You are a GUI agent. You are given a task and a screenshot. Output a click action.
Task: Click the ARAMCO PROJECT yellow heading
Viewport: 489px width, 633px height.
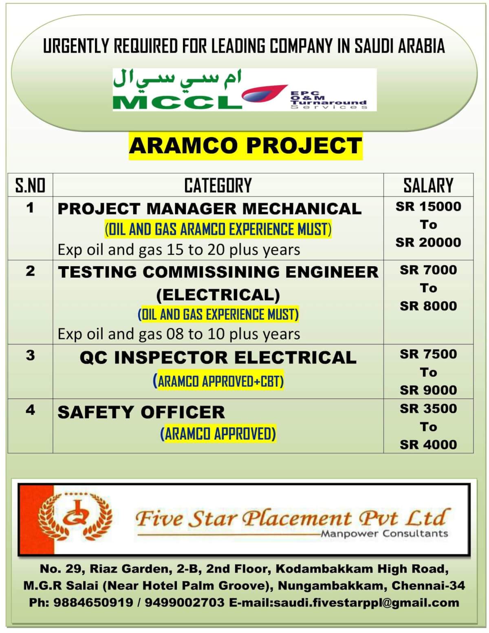point(246,146)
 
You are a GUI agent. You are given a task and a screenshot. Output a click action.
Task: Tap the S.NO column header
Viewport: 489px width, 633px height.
point(30,185)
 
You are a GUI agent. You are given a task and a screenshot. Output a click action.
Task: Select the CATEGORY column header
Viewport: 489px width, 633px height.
point(218,185)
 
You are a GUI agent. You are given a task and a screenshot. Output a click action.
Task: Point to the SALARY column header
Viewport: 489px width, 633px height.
point(428,185)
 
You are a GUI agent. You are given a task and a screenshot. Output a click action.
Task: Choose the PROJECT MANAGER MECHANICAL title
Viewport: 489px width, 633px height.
point(210,209)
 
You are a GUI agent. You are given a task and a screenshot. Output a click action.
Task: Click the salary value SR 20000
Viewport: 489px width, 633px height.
point(428,243)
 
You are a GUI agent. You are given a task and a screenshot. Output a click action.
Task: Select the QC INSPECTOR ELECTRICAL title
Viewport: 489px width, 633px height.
point(218,357)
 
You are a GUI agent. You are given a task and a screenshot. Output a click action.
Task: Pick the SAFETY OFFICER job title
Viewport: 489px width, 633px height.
point(141,412)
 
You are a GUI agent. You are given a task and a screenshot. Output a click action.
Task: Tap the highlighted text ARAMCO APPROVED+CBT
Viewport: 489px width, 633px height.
point(218,382)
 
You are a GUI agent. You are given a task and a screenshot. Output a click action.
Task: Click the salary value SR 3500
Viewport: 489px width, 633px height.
point(428,409)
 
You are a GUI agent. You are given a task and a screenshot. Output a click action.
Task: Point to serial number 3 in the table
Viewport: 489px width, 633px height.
point(30,355)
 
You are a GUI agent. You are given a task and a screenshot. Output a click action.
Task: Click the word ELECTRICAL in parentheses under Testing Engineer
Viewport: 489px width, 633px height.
point(218,295)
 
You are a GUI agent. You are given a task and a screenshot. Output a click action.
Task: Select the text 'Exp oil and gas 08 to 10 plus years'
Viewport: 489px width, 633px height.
point(179,334)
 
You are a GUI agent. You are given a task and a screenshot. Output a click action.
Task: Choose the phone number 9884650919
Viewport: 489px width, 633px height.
point(93,603)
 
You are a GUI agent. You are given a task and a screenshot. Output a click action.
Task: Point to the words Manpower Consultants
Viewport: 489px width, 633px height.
point(384,534)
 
